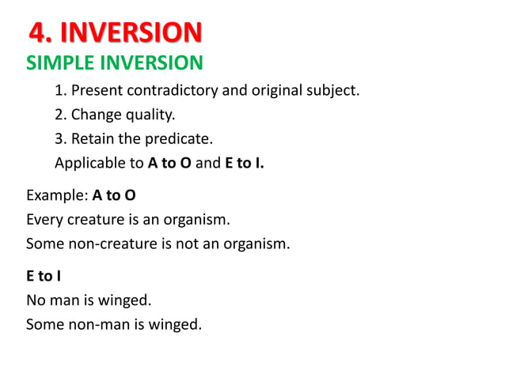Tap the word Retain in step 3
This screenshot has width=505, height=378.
point(93,140)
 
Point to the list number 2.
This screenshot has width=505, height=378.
point(59,115)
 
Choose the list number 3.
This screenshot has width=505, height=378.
point(59,140)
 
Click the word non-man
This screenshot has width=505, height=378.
point(93,323)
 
